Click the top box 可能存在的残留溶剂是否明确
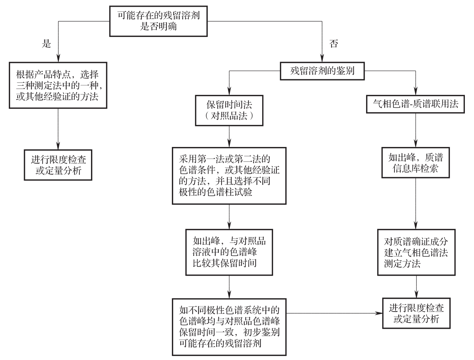point(158,21)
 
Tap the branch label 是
point(46,44)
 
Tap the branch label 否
point(334,44)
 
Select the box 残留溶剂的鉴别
point(322,71)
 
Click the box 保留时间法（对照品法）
point(229,110)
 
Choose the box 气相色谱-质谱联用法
point(415,104)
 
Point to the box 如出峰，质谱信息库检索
point(415,163)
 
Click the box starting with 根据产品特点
point(58,85)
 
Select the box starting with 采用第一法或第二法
point(229,176)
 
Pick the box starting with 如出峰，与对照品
point(229,252)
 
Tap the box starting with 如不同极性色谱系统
point(229,327)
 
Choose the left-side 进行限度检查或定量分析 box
point(58,165)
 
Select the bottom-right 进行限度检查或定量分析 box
point(416,313)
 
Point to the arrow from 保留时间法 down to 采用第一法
point(229,136)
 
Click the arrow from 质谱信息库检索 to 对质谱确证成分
point(416,203)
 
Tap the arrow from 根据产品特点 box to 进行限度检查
point(58,129)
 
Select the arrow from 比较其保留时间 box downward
point(229,287)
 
